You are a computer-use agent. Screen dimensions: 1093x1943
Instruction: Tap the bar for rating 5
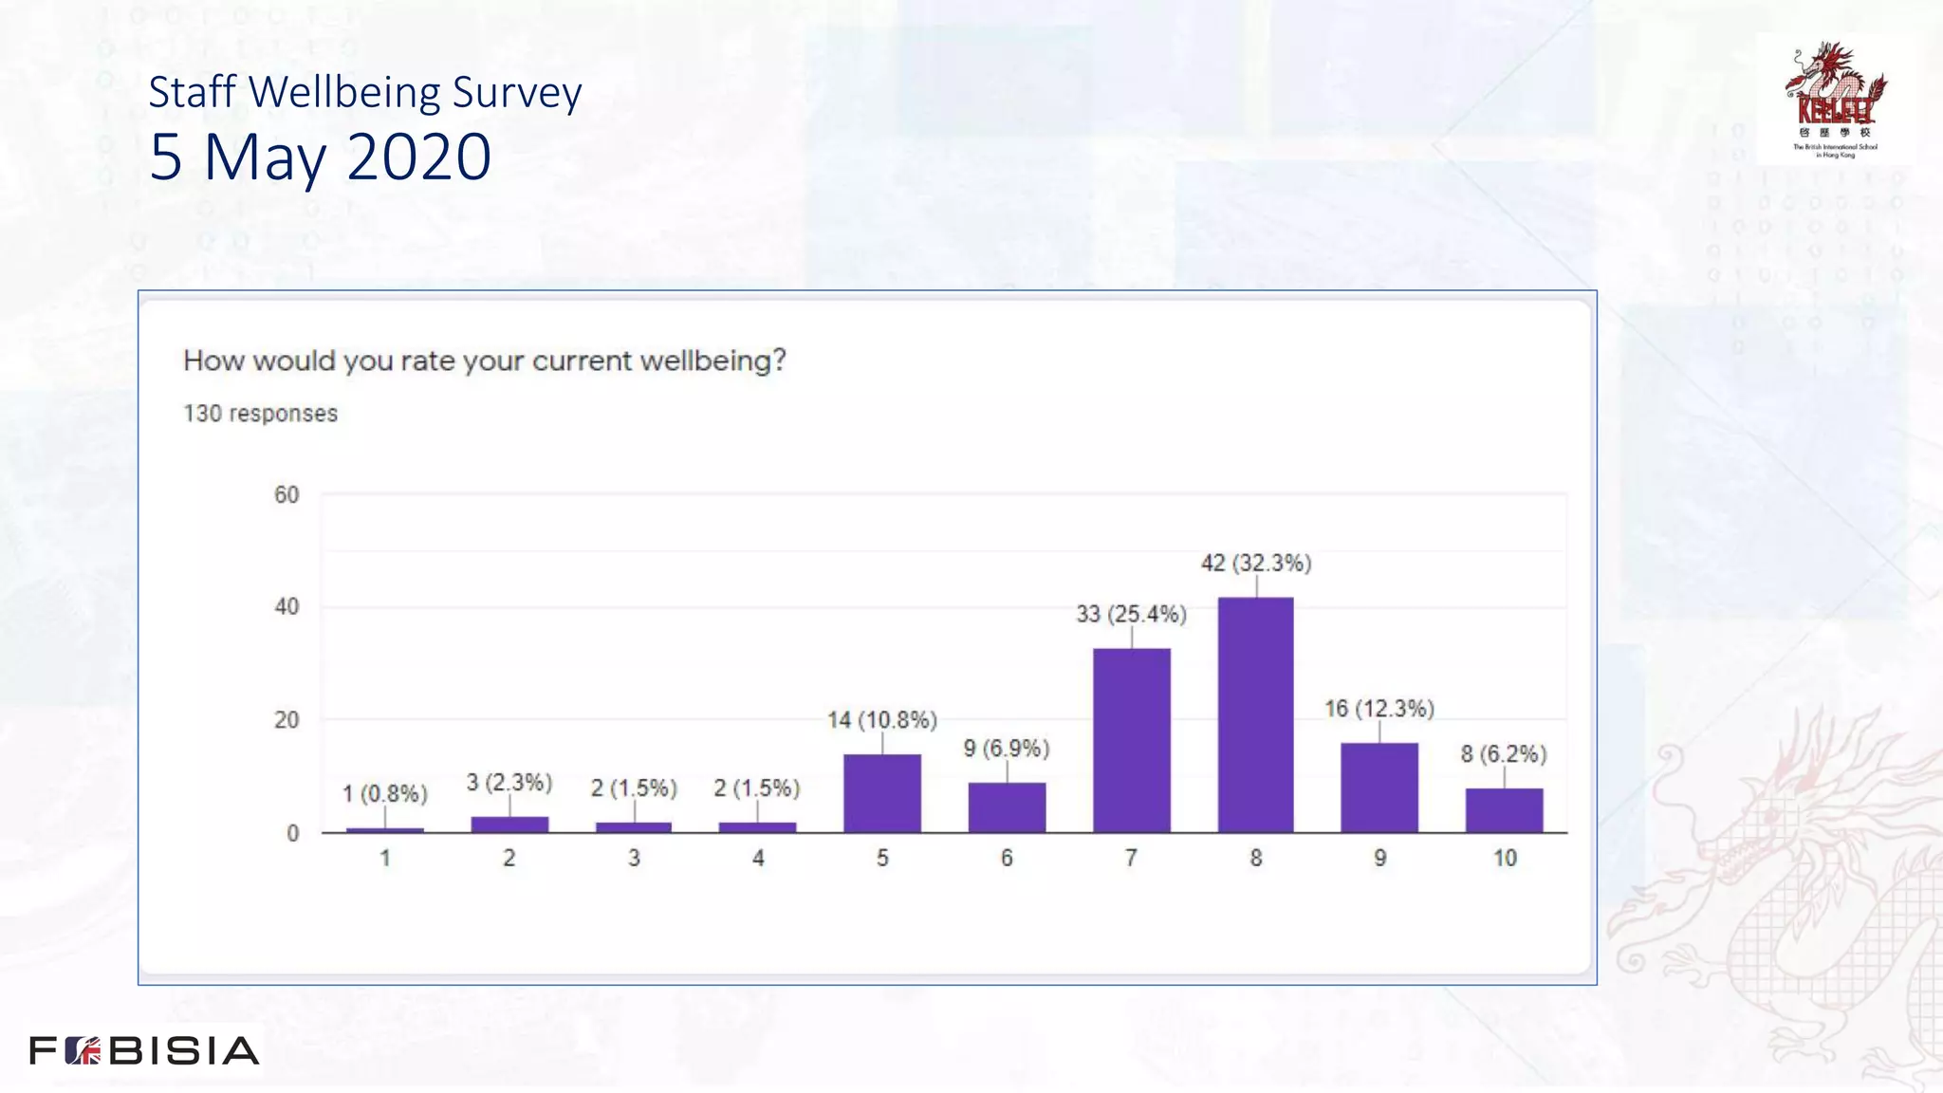(x=881, y=793)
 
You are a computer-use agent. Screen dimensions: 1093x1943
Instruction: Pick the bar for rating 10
(x=1504, y=810)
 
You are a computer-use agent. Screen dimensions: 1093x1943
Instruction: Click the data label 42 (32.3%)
(x=1256, y=564)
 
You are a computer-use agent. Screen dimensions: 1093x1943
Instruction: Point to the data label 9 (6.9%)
(x=1007, y=749)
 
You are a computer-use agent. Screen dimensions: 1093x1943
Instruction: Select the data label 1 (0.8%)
(x=384, y=793)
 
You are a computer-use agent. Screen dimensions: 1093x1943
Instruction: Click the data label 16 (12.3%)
(x=1379, y=709)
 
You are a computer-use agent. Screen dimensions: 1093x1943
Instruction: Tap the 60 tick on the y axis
(x=287, y=495)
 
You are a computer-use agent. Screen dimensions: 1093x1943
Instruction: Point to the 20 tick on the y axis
(x=287, y=720)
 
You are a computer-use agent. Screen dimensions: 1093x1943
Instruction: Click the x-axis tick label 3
(x=634, y=859)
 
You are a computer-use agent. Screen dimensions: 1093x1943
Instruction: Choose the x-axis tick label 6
(x=1007, y=859)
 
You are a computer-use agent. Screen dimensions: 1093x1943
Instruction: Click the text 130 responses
(x=260, y=414)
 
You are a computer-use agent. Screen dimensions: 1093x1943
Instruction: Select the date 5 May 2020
(x=320, y=157)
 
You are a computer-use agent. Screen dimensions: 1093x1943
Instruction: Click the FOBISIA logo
(x=144, y=1050)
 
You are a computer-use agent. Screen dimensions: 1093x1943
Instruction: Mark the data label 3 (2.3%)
(x=509, y=783)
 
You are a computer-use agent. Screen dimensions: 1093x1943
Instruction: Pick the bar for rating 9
(x=1379, y=787)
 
